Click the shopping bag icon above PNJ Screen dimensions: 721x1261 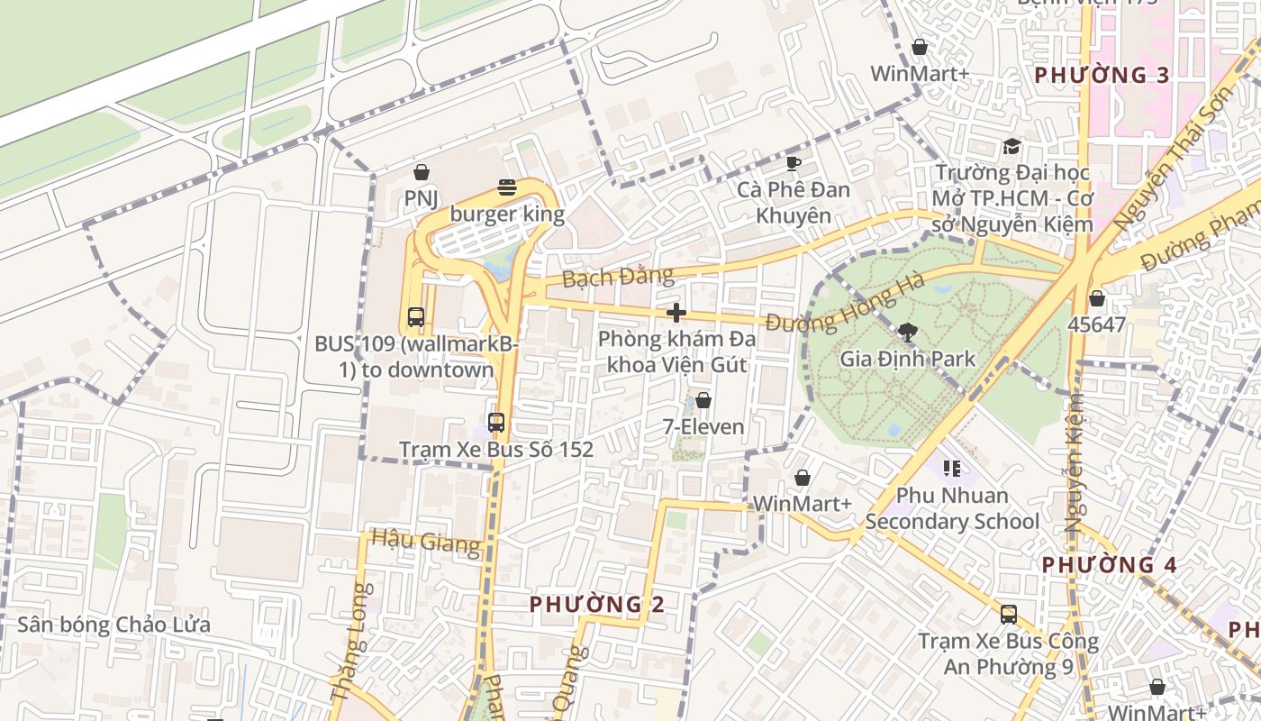pyautogui.click(x=421, y=172)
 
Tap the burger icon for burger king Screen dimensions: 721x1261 pyautogui.click(x=507, y=188)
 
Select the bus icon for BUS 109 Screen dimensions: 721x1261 pyautogui.click(x=415, y=317)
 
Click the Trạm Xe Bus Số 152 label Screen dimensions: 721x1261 pyautogui.click(x=496, y=449)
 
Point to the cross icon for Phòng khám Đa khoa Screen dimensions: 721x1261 pyautogui.click(x=676, y=313)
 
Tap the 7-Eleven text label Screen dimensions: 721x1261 pyautogui.click(x=703, y=426)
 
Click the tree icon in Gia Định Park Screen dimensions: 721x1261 pyautogui.click(x=907, y=333)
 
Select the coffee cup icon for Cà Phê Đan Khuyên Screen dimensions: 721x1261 pyautogui.click(x=793, y=163)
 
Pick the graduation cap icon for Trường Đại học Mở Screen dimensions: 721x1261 pyautogui.click(x=1012, y=146)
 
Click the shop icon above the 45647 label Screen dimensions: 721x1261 pyautogui.click(x=1096, y=298)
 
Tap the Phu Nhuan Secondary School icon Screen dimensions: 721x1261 pyautogui.click(x=951, y=469)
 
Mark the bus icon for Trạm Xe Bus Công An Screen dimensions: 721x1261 pyautogui.click(x=1008, y=615)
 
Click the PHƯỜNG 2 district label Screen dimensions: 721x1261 pyautogui.click(x=596, y=604)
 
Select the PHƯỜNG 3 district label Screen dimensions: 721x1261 pyautogui.click(x=1102, y=76)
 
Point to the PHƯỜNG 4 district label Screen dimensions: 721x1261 pyautogui.click(x=1109, y=565)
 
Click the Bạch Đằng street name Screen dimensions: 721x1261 pyautogui.click(x=618, y=276)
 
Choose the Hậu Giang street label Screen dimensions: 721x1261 pyautogui.click(x=425, y=542)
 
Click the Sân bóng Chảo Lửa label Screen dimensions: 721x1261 pyautogui.click(x=114, y=625)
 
